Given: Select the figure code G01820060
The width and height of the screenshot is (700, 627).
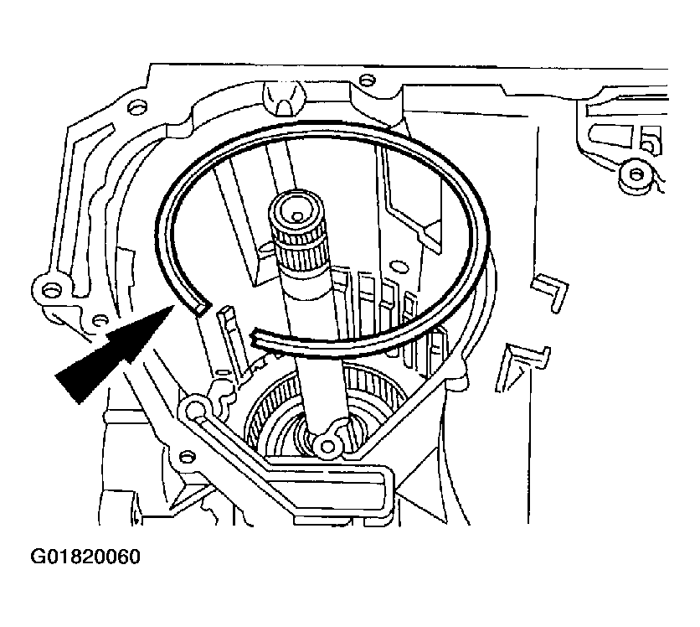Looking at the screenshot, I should pyautogui.click(x=86, y=557).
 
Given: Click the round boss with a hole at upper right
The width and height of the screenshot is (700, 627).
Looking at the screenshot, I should pyautogui.click(x=636, y=174).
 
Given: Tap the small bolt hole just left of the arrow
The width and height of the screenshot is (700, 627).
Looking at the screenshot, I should pyautogui.click(x=100, y=320).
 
